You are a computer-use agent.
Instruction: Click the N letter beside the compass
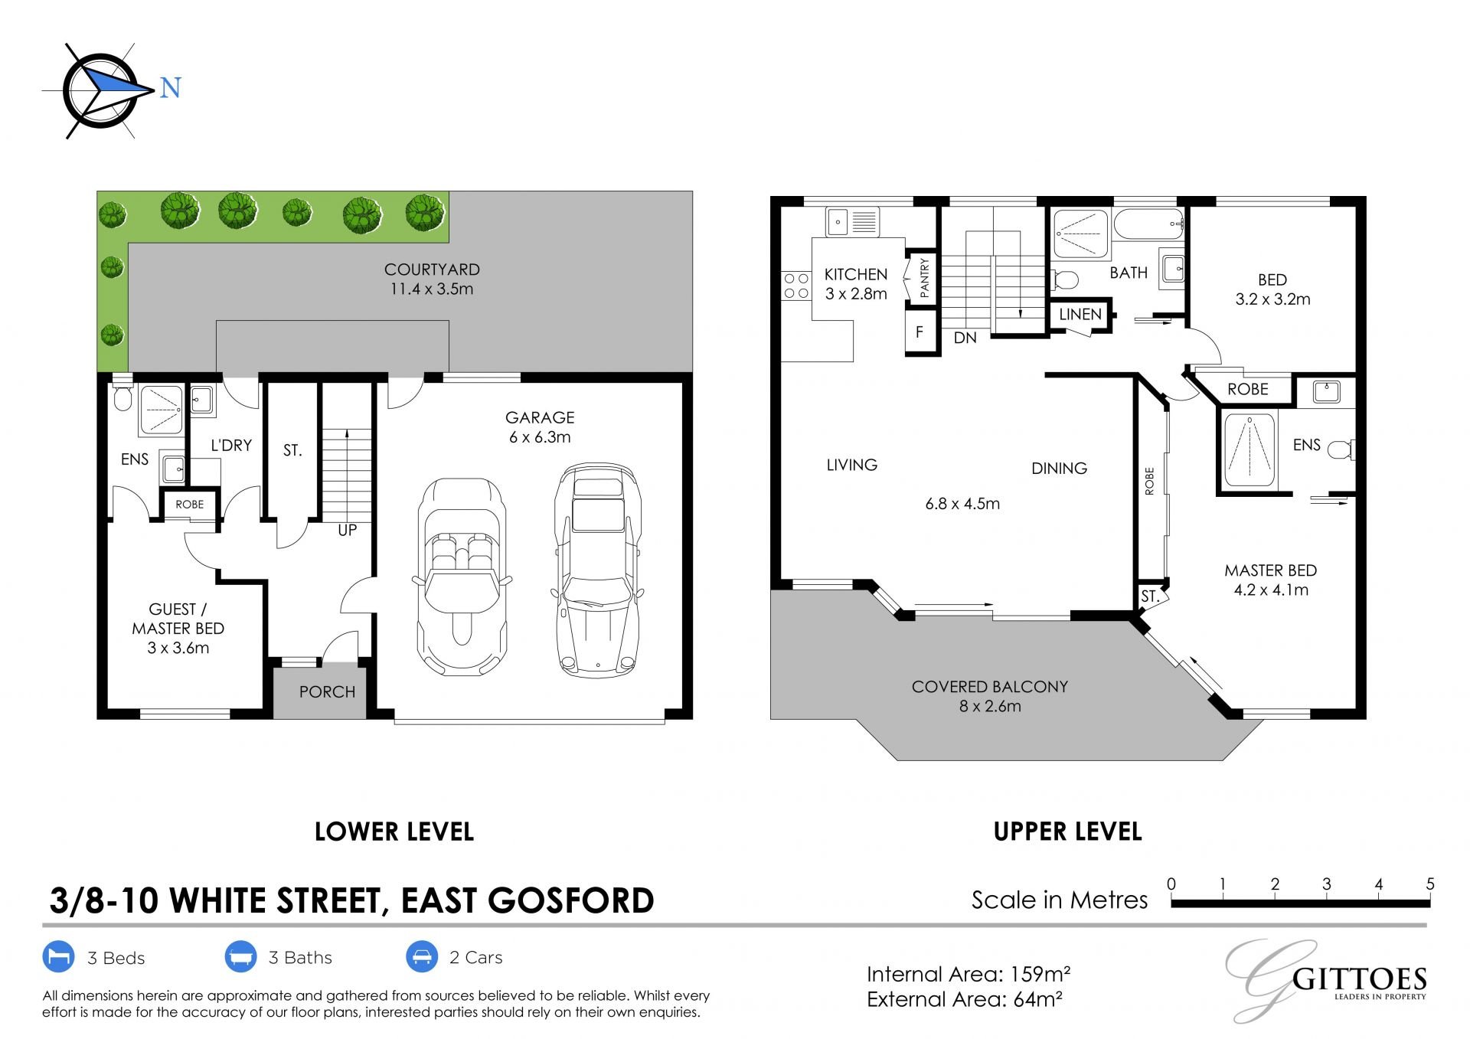170,88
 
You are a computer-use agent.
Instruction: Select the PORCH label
327,692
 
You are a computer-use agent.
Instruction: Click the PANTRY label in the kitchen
924,277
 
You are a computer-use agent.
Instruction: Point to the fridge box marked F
920,332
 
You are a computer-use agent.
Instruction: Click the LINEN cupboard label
1080,314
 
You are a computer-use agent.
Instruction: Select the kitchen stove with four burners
796,286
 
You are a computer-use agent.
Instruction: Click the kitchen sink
852,222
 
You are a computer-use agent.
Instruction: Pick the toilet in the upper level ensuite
1341,449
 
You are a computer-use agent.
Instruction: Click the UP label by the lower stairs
348,530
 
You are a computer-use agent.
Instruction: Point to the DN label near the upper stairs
965,338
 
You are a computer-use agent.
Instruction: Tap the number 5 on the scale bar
1429,884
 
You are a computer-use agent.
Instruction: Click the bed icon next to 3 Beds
58,957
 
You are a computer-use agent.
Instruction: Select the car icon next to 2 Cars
421,957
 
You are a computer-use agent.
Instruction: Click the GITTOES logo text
1359,979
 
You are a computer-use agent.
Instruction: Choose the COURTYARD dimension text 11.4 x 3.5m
432,289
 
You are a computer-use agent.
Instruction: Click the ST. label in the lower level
292,450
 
